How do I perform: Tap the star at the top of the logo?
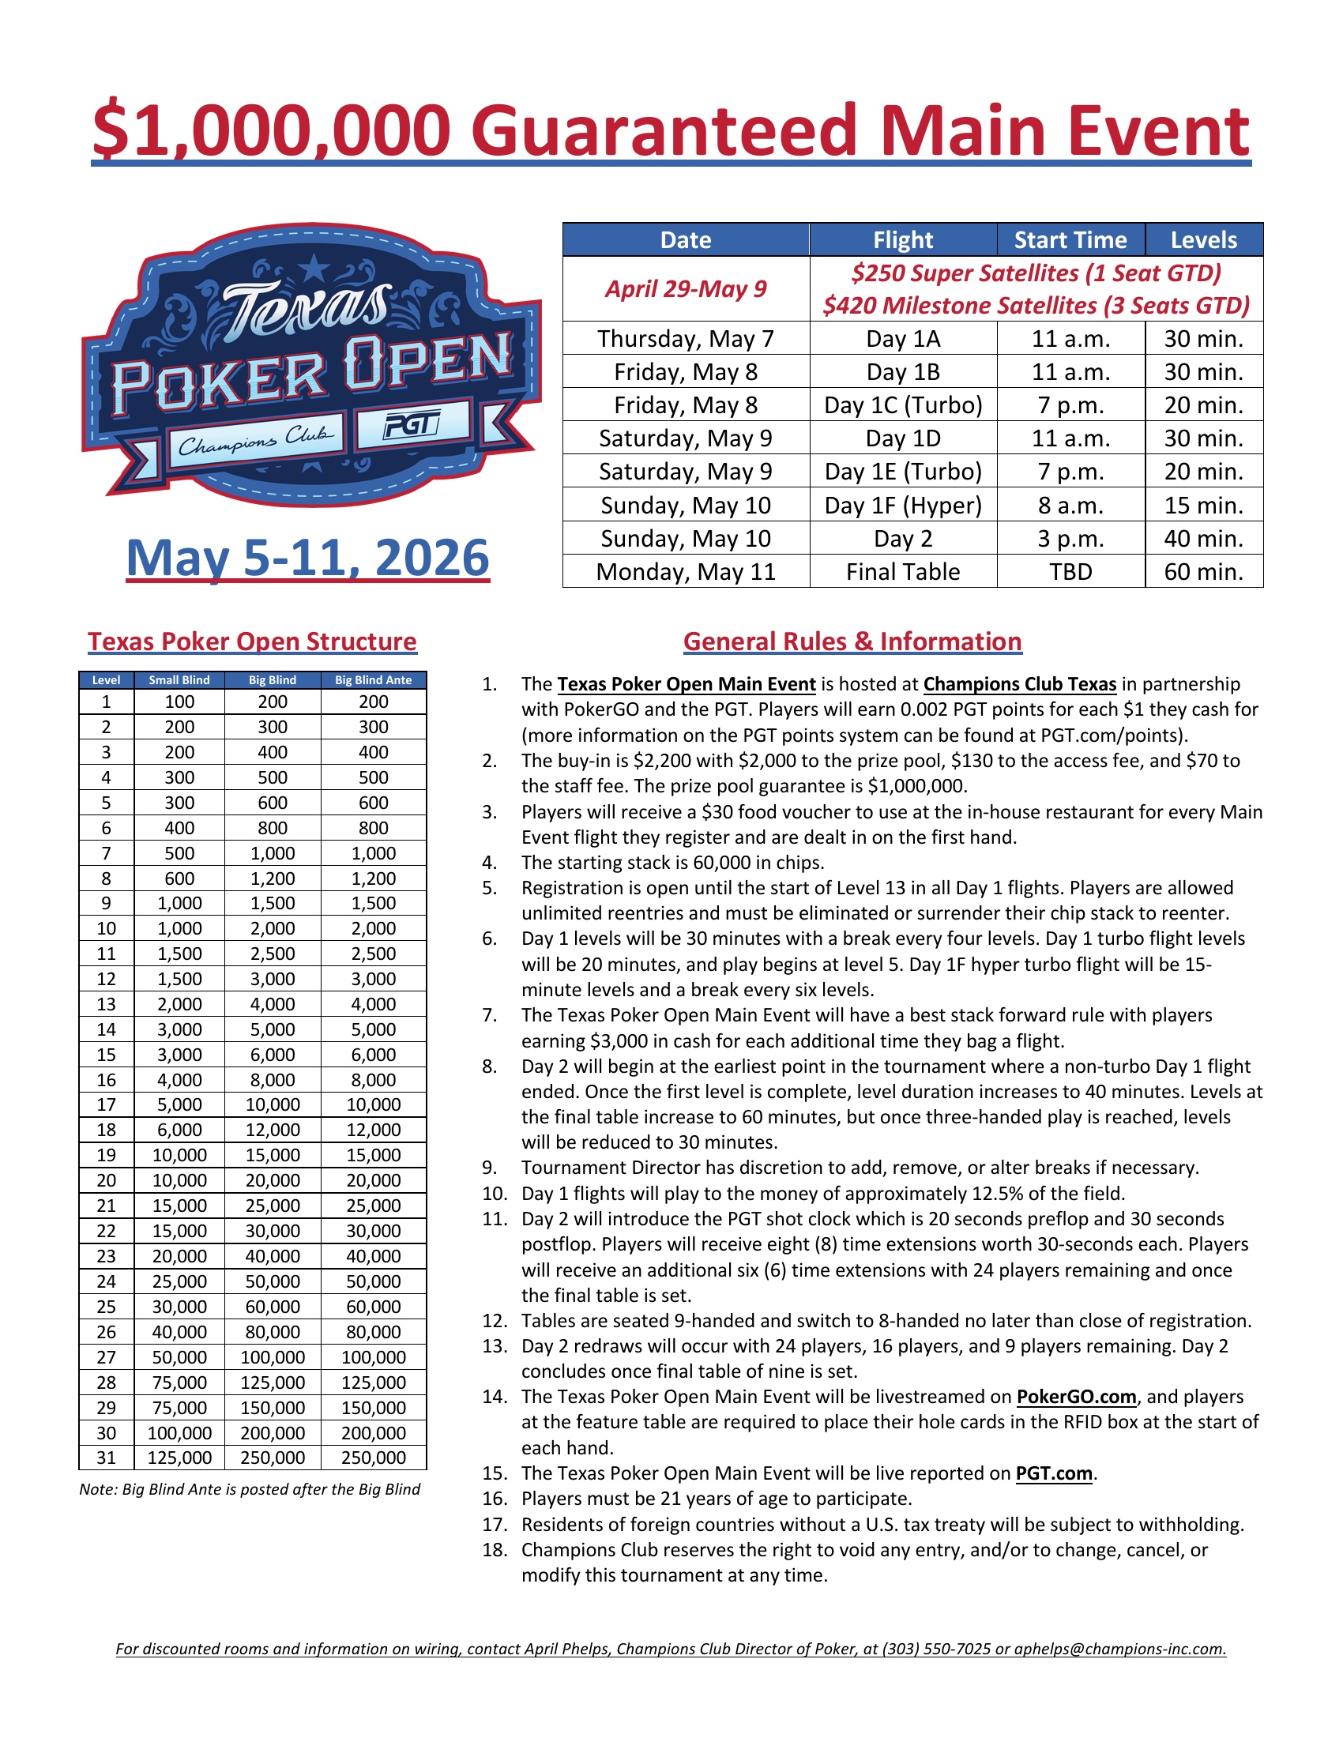pyautogui.click(x=315, y=268)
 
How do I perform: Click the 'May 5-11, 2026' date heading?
pyautogui.click(x=308, y=558)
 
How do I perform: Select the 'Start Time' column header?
pyautogui.click(x=1070, y=239)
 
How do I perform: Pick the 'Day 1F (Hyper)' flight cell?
pyautogui.click(x=903, y=506)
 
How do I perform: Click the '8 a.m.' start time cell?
pyautogui.click(x=1070, y=506)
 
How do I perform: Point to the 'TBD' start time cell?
pyautogui.click(x=1070, y=571)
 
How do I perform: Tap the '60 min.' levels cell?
pyautogui.click(x=1203, y=571)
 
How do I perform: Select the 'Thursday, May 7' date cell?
pyautogui.click(x=686, y=339)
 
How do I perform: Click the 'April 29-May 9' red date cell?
pyautogui.click(x=686, y=288)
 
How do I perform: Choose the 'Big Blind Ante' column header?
pyautogui.click(x=373, y=679)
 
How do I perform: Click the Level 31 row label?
pyautogui.click(x=107, y=1458)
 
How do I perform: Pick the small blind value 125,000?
pyautogui.click(x=180, y=1458)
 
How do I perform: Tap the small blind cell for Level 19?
pyautogui.click(x=180, y=1155)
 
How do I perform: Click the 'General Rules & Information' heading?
pyautogui.click(x=852, y=641)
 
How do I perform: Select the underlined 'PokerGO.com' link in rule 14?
pyautogui.click(x=1077, y=1397)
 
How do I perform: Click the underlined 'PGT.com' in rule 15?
pyautogui.click(x=1054, y=1473)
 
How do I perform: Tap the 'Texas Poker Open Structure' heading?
pyautogui.click(x=252, y=641)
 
